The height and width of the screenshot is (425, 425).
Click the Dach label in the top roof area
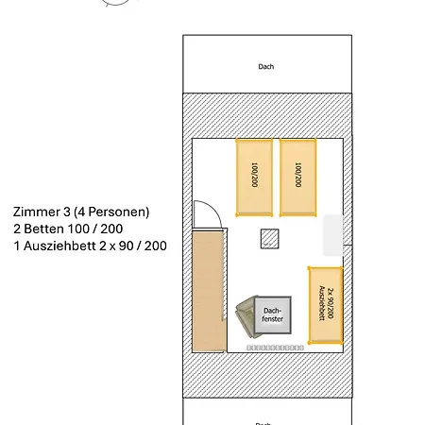tap(266, 67)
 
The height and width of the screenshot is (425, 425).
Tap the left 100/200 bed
tap(254, 178)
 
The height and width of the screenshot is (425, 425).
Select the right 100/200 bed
tap(298, 178)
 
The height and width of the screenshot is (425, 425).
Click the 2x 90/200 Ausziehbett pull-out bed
tap(326, 305)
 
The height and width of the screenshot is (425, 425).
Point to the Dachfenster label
tap(273, 314)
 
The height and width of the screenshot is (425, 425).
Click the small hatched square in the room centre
tap(270, 239)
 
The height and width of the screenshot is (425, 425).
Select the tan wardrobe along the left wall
tap(208, 292)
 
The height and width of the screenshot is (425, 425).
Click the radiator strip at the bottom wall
tap(275, 348)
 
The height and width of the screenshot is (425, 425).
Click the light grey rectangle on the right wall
tap(333, 235)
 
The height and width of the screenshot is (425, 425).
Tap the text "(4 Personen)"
tap(111, 212)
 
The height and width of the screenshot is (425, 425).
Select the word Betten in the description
tap(43, 229)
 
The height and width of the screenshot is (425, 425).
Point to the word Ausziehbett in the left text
tap(59, 246)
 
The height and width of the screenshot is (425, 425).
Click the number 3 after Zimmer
tap(66, 212)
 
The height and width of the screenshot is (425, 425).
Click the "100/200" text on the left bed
tap(254, 175)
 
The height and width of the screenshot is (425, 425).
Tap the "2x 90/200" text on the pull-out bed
tap(331, 303)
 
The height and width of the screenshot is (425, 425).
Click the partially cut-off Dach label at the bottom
tap(263, 423)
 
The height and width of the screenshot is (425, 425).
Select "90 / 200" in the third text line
tap(143, 246)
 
